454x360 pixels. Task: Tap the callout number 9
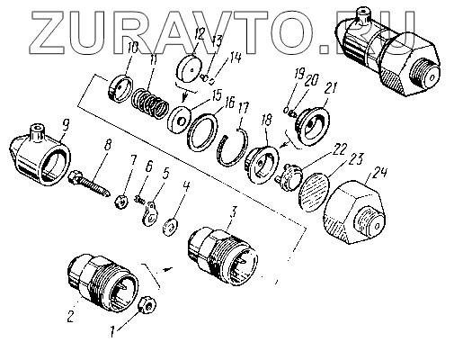66,124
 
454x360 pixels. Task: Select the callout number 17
244,108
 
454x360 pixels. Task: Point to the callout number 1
112,331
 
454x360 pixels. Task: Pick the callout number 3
233,212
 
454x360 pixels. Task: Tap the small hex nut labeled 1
147,306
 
